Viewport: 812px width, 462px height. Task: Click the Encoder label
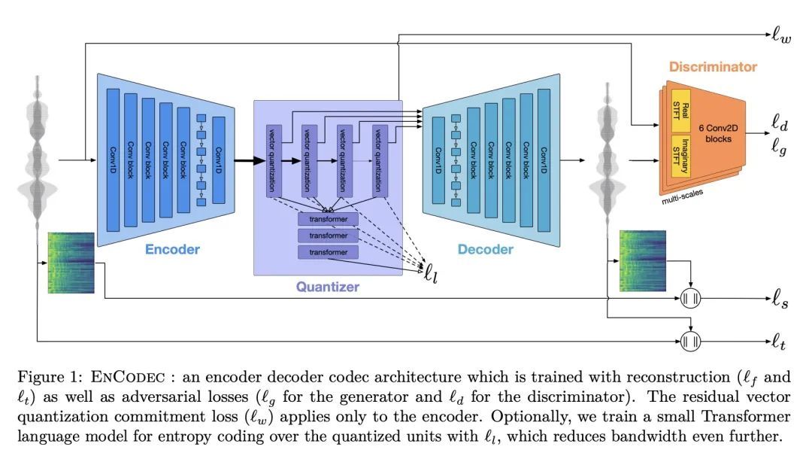tap(172, 249)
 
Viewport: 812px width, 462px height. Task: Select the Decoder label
tap(485, 249)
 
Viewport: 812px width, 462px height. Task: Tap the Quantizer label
tap(327, 287)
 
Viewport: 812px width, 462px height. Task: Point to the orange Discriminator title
tap(713, 67)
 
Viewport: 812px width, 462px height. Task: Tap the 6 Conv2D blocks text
tap(718, 133)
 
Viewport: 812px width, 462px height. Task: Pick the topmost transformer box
tap(329, 219)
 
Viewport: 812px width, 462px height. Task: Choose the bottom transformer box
tap(329, 253)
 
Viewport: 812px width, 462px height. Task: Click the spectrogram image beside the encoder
tap(71, 263)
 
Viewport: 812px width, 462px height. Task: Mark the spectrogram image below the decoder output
tap(643, 261)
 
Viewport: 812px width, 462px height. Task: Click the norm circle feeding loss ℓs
tap(690, 299)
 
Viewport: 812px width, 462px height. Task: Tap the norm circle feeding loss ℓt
tap(690, 341)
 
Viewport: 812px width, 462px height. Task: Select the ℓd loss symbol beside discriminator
tap(780, 123)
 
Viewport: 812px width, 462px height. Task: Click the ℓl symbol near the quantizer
tap(431, 273)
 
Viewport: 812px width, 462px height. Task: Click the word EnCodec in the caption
tap(128, 377)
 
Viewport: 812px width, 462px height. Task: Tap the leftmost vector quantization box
tap(274, 161)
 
